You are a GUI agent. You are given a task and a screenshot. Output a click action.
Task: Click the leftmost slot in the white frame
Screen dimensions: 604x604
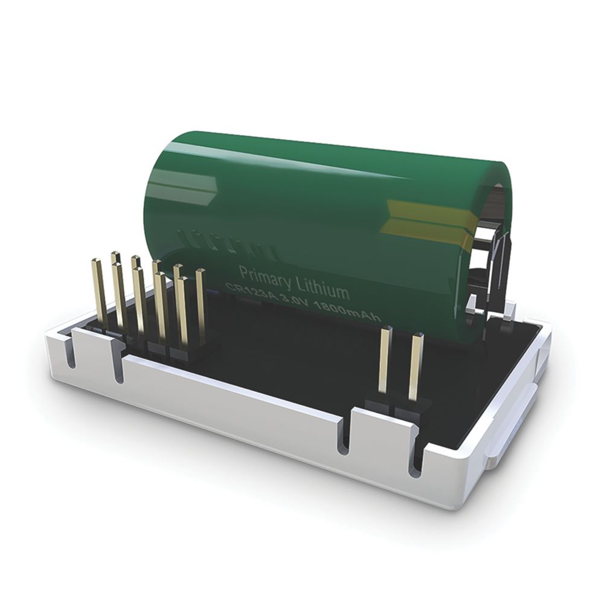tap(71, 356)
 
